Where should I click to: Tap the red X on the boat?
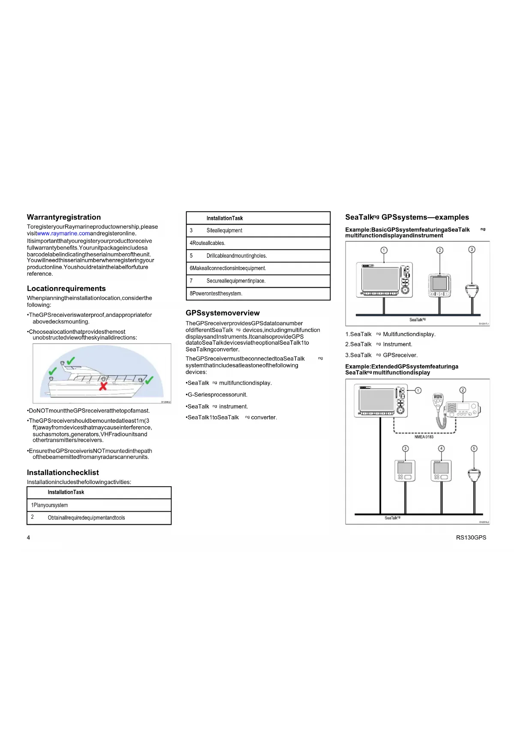pyautogui.click(x=103, y=386)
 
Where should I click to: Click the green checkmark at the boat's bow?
pyautogui.click(x=149, y=380)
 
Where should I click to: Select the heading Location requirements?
pyautogui.click(x=66, y=289)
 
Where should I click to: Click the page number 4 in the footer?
pyautogui.click(x=29, y=538)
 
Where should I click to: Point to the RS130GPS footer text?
pyautogui.click(x=471, y=538)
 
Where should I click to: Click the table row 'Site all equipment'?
pyautogui.click(x=258, y=231)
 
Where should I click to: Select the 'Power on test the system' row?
pyautogui.click(x=258, y=294)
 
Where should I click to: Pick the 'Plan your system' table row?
pyautogui.click(x=99, y=505)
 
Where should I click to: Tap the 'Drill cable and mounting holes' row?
pyautogui.click(x=258, y=256)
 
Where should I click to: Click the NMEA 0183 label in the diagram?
pyautogui.click(x=424, y=437)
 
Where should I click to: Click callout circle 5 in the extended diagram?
pyautogui.click(x=474, y=448)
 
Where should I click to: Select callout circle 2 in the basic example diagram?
pyautogui.click(x=439, y=250)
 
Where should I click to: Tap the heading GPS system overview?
pyautogui.click(x=222, y=313)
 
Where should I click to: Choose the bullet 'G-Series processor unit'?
pyautogui.click(x=217, y=395)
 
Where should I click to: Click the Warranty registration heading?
pyautogui.click(x=64, y=217)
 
